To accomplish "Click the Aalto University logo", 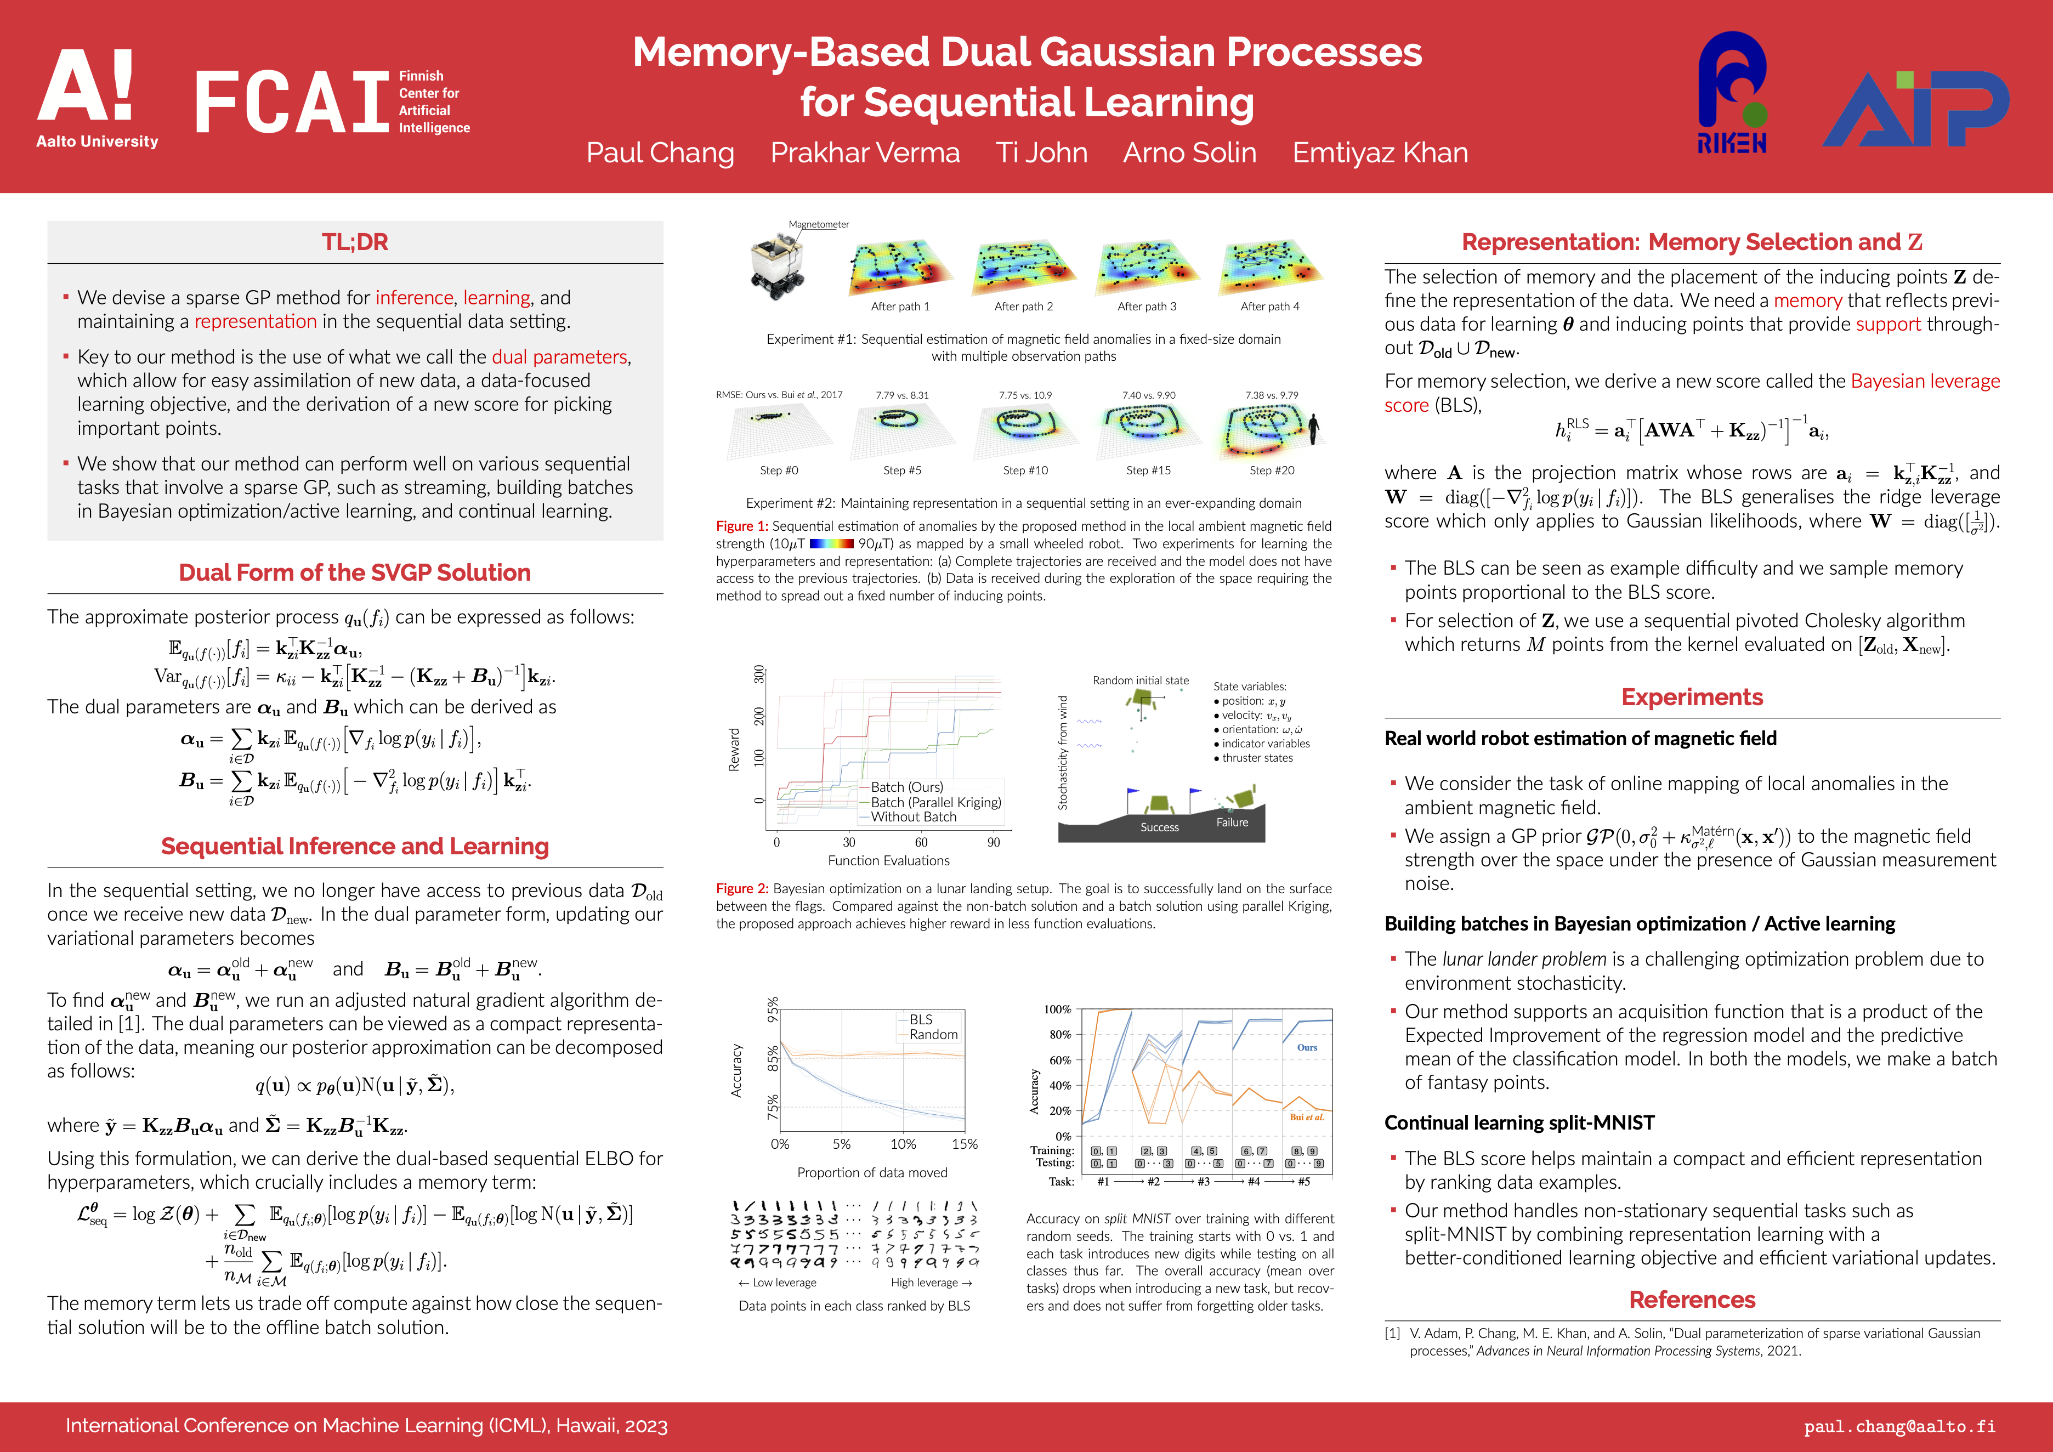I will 97,98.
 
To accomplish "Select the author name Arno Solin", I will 1189,153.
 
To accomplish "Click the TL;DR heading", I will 355,242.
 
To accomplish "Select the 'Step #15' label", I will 1148,470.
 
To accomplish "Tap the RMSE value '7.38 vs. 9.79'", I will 1272,395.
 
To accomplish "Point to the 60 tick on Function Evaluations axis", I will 921,842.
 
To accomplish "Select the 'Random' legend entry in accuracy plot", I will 933,1035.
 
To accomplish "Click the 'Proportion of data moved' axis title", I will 872,1172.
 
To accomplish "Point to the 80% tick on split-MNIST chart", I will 1059,1035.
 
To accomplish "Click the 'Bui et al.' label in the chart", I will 1306,1117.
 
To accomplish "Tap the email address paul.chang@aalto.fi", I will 1899,1426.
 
